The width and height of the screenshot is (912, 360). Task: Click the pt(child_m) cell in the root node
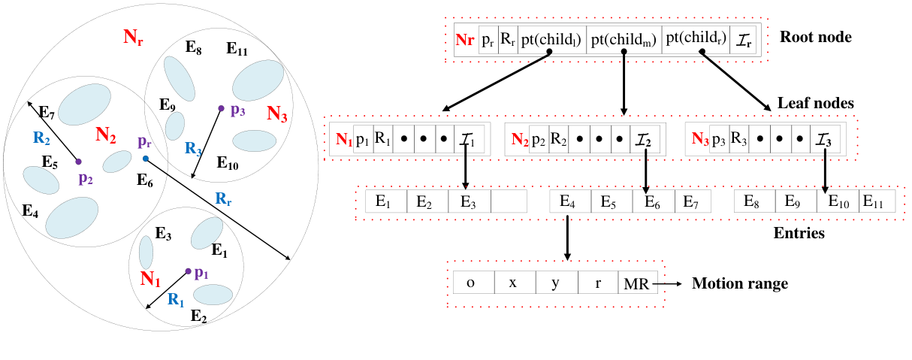click(x=623, y=39)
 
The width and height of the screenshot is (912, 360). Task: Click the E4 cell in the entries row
click(x=569, y=201)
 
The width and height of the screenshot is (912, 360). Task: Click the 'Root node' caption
click(x=816, y=37)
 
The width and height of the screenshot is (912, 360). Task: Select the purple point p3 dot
click(x=221, y=109)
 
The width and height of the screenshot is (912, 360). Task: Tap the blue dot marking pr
click(x=145, y=159)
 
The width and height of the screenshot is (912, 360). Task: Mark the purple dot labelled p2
click(x=78, y=161)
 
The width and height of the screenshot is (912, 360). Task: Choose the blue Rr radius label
click(x=223, y=198)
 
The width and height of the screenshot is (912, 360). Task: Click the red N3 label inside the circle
click(x=277, y=114)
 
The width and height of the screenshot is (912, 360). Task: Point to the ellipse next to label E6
click(x=116, y=162)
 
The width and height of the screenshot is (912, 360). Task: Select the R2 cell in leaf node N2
click(x=559, y=139)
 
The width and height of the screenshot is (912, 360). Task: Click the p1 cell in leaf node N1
click(x=362, y=139)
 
